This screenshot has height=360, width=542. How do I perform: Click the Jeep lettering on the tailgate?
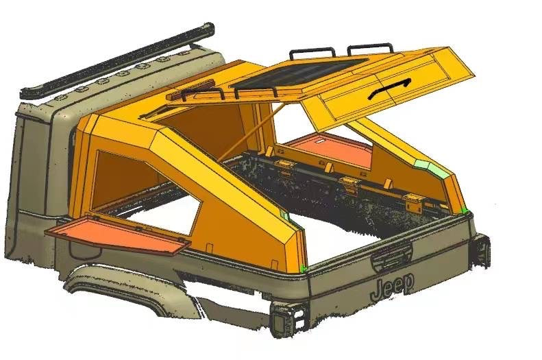(392, 287)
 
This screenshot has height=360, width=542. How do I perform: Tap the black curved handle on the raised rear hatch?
(389, 89)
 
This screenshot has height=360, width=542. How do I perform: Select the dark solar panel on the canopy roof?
(297, 73)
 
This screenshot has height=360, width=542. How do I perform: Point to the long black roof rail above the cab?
(118, 59)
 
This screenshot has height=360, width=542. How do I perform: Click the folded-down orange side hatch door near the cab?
(118, 234)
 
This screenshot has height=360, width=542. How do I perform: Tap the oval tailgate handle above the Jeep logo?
(392, 258)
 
